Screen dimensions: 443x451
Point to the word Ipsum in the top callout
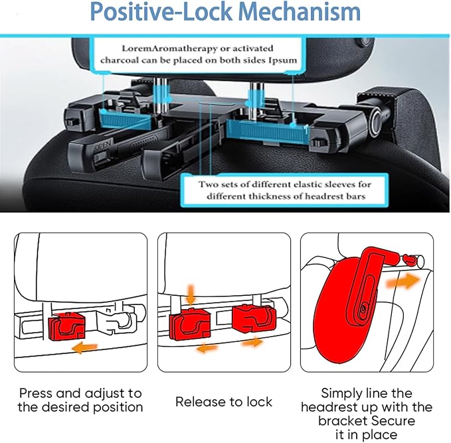click(292, 60)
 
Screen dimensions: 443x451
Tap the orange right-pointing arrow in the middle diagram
click(252, 343)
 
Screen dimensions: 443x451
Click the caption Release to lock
click(223, 401)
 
